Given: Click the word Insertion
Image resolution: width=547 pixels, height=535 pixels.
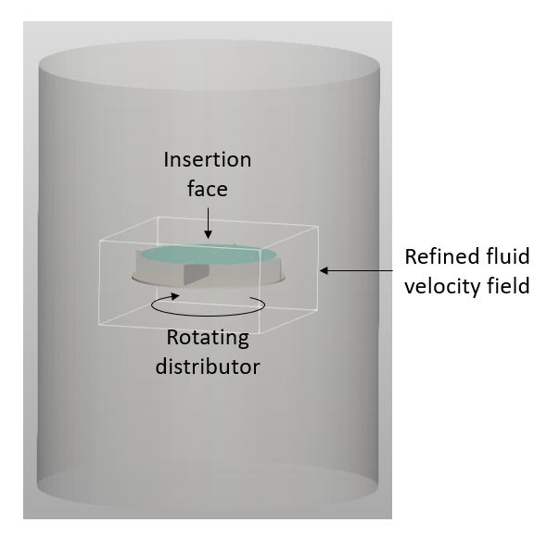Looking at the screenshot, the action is point(208,159).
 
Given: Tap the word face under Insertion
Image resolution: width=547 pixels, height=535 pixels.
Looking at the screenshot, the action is point(208,189).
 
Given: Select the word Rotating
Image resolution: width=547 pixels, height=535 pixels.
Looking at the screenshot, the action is point(208,338).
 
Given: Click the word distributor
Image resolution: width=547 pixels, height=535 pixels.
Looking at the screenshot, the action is point(208,367).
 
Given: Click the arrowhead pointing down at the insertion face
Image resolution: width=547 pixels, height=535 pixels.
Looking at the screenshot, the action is point(209,235).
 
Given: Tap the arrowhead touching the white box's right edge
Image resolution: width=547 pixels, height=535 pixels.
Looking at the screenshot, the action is point(324,270).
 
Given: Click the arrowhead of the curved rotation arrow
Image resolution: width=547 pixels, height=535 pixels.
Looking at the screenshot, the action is point(175,296).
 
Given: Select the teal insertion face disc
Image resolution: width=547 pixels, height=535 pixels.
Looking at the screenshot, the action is point(209,255).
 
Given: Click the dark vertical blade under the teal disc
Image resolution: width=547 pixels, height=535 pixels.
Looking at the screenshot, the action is point(197,275).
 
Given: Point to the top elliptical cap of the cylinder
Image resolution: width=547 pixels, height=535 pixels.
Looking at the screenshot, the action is point(209,65).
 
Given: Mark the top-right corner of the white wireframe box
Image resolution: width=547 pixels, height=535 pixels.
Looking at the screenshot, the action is point(318,226).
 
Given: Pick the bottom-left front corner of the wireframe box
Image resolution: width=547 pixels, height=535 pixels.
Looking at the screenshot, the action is point(99,325).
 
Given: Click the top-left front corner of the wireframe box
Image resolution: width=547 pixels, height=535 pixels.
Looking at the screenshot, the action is point(100,241).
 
